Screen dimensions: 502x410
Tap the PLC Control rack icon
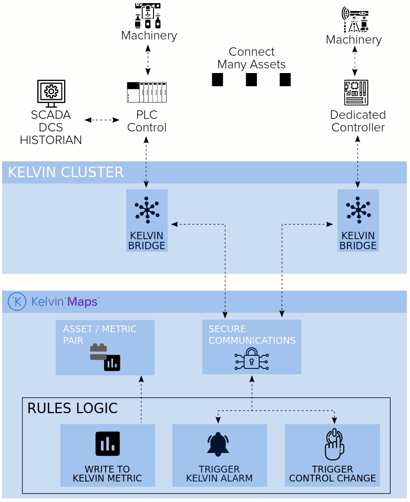tap(147, 93)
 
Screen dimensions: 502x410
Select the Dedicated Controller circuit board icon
tap(356, 93)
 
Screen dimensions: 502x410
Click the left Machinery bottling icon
tap(148, 16)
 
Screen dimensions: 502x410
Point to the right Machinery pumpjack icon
tap(355, 20)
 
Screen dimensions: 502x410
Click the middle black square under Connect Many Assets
tap(251, 80)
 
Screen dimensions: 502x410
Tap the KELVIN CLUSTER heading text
tap(66, 172)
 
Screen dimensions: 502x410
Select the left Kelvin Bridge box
tap(147, 220)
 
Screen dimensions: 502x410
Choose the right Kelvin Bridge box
tap(358, 220)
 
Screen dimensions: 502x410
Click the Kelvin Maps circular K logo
tap(17, 302)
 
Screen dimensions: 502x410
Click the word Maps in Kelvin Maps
tap(83, 302)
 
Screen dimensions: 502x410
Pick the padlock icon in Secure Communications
tap(251, 359)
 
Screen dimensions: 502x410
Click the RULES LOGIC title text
tap(72, 408)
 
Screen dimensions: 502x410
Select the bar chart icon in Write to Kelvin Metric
tap(107, 444)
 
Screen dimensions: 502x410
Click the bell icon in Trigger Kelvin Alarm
tap(218, 444)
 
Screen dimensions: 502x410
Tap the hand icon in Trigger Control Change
tap(334, 444)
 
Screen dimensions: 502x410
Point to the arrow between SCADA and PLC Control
tap(102, 120)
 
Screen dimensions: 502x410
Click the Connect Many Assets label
tap(251, 58)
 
